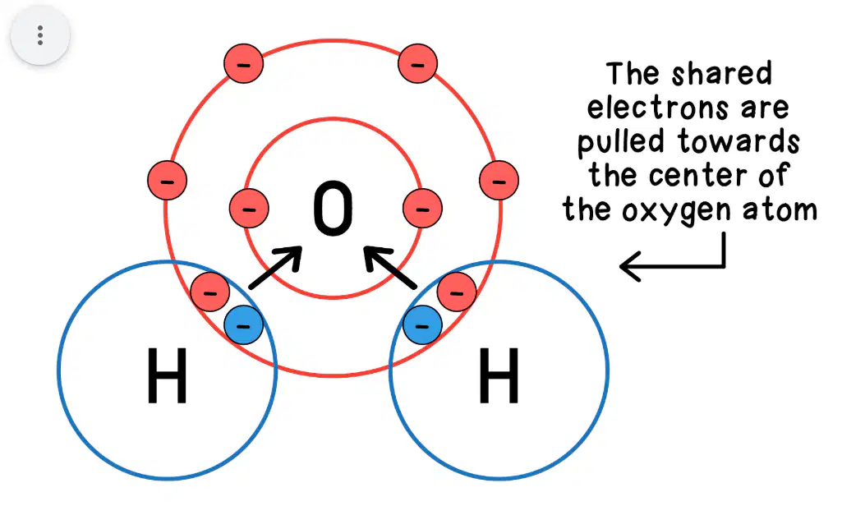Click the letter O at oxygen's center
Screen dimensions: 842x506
(x=333, y=208)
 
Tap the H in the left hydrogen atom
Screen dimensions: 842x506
(x=167, y=375)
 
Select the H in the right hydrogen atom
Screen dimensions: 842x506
(x=499, y=375)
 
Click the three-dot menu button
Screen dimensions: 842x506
(x=40, y=35)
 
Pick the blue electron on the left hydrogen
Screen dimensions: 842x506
(x=244, y=325)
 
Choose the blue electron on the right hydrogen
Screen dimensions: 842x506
(x=422, y=325)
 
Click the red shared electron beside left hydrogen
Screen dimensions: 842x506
(x=210, y=292)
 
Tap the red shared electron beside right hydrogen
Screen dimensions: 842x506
(x=457, y=292)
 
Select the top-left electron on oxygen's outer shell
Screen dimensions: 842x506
(x=244, y=63)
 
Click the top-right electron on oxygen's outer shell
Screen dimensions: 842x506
(x=418, y=63)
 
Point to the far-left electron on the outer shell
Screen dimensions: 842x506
(x=168, y=180)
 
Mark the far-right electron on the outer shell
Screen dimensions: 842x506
(x=499, y=180)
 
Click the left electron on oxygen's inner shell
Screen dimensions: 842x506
(x=249, y=208)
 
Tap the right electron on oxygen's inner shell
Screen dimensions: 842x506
(x=422, y=208)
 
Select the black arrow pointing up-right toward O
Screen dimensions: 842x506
(x=276, y=268)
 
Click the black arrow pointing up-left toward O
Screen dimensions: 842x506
(x=390, y=268)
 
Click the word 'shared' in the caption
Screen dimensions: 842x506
(x=722, y=74)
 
